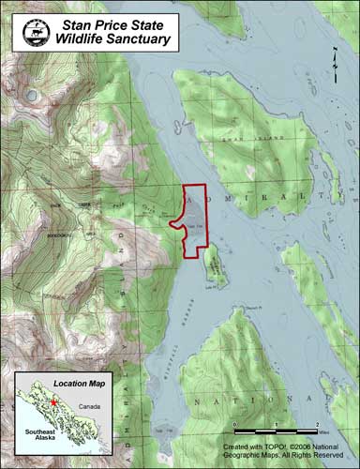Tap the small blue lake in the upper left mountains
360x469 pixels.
[35, 95]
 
